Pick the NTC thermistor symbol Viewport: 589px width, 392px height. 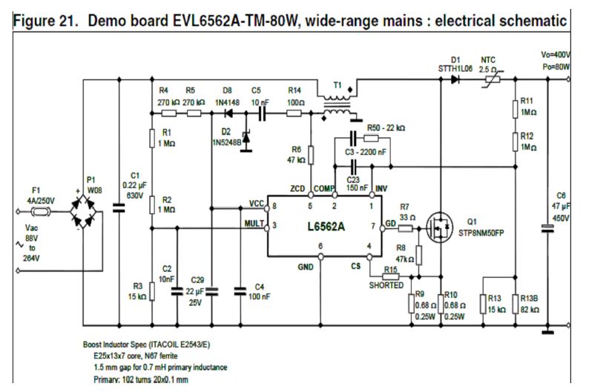click(x=490, y=77)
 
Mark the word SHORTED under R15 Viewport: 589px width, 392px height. click(x=386, y=285)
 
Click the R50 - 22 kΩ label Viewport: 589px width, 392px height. click(x=386, y=128)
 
